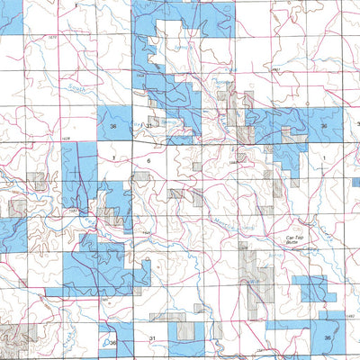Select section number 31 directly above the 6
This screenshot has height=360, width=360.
pos(147,127)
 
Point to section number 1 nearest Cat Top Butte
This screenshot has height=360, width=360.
pos(321,158)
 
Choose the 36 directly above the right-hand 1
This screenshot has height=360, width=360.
pos(322,127)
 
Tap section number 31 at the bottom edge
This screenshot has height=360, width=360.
pos(153,337)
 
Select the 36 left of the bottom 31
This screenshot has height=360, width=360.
pos(113,343)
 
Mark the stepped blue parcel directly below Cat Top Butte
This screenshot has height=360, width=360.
pos(314,288)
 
